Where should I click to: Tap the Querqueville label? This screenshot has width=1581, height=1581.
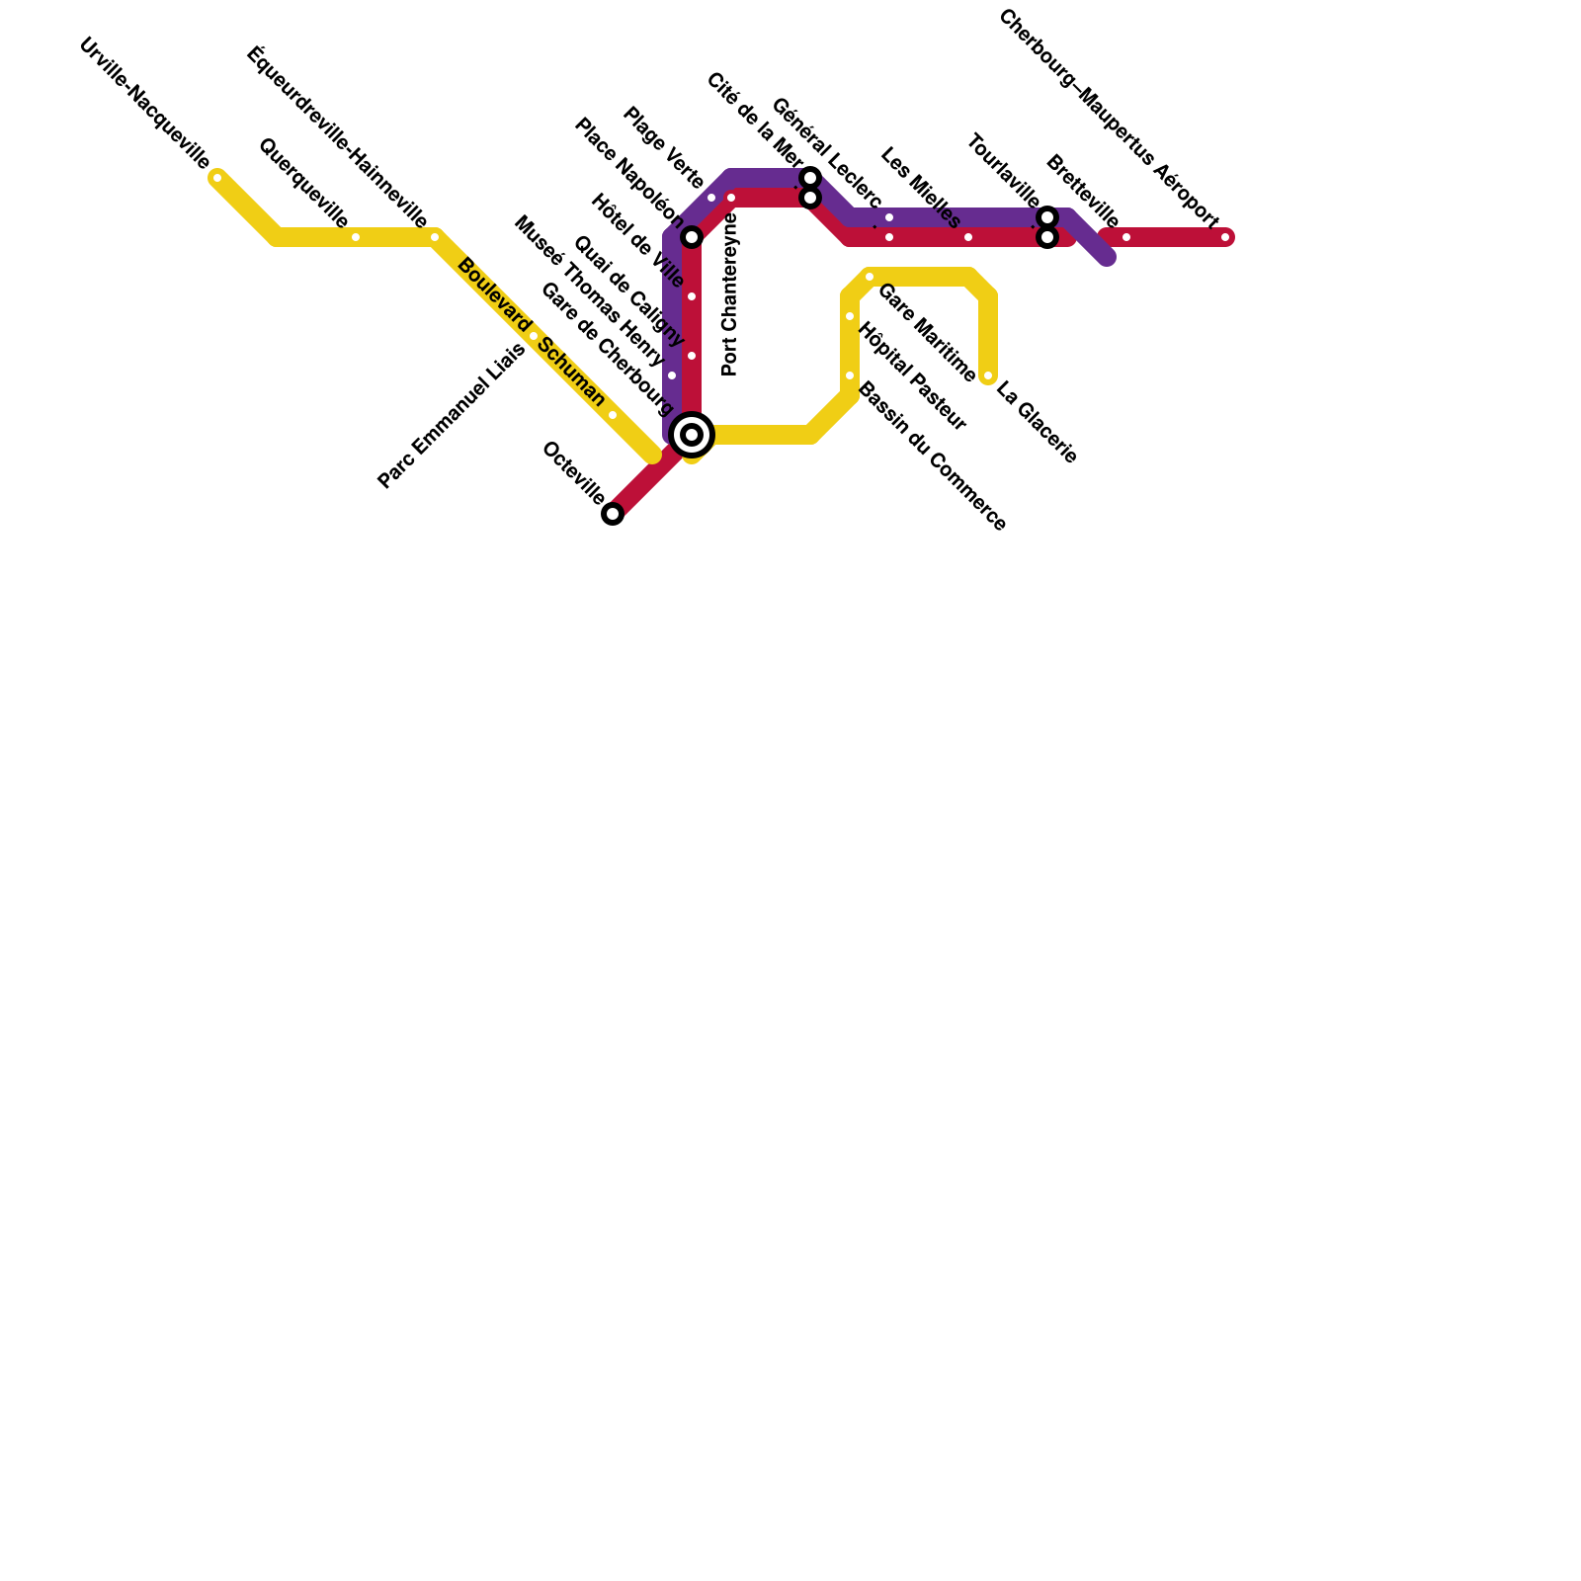[x=302, y=183]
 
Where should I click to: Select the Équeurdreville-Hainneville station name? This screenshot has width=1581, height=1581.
[x=337, y=137]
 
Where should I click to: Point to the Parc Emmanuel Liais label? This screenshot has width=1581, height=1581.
[x=452, y=416]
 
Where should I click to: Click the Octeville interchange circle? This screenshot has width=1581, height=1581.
[x=613, y=514]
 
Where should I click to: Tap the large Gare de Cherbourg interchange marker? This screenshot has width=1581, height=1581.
[x=692, y=435]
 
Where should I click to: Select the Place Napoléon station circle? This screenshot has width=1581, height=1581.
[x=692, y=237]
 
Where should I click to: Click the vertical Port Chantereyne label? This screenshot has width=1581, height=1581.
[x=730, y=294]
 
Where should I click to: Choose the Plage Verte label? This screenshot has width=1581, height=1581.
[x=663, y=149]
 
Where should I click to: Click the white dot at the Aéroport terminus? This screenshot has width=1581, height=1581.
[x=1225, y=237]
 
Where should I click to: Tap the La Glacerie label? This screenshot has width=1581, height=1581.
[x=1036, y=423]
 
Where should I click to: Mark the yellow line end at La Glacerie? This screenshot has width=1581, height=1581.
[x=988, y=376]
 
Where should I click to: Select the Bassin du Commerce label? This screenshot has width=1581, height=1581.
[x=932, y=457]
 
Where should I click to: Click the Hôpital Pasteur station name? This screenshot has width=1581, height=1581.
[x=911, y=376]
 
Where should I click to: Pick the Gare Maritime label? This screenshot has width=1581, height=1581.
[x=926, y=333]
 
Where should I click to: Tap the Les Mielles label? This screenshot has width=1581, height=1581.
[x=920, y=188]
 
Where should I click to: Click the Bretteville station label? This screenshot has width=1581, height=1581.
[x=1082, y=191]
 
